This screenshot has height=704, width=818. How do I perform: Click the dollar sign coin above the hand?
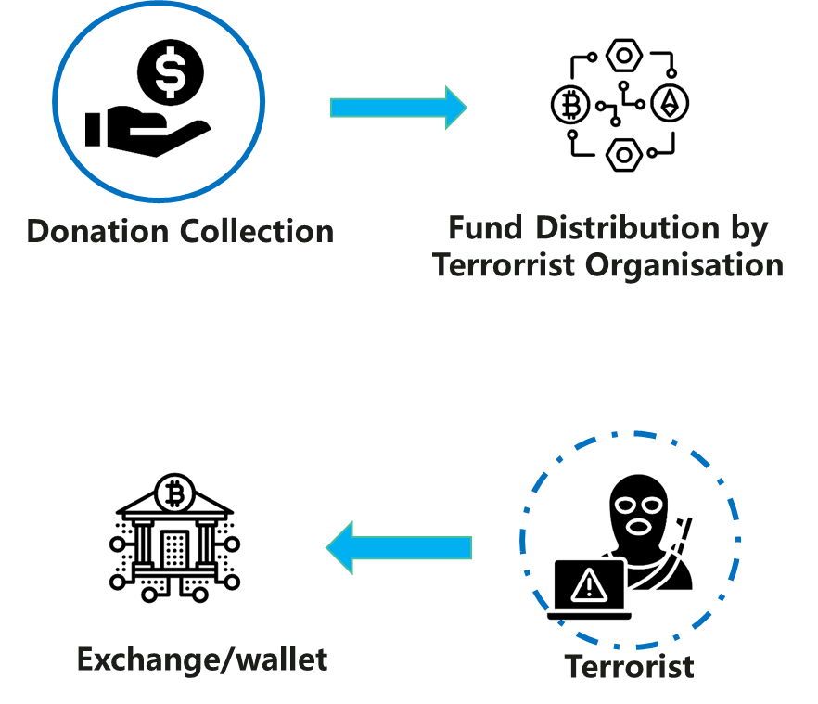(171, 72)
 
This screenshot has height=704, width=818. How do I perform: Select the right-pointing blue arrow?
(399, 108)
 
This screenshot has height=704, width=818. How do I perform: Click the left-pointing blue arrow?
(399, 547)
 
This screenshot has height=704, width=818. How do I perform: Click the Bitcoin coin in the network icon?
(570, 105)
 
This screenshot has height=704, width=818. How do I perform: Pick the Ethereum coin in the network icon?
(670, 103)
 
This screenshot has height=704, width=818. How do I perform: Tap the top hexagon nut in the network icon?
(624, 56)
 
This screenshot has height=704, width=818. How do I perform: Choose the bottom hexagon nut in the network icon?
(624, 155)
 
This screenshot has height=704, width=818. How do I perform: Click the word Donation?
(97, 231)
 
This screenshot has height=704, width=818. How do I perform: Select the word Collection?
(257, 231)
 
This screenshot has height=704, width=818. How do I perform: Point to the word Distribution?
(628, 228)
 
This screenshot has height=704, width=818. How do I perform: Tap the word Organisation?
(684, 265)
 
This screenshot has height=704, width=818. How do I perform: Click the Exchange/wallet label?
(202, 659)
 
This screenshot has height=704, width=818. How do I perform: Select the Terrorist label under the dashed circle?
(629, 666)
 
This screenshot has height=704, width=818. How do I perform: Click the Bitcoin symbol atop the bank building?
(174, 493)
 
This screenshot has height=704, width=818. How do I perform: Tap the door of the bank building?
(174, 549)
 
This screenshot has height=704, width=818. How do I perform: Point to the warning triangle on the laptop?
(589, 585)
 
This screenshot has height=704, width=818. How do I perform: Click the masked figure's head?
(638, 512)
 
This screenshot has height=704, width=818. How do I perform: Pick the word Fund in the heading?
(486, 228)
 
